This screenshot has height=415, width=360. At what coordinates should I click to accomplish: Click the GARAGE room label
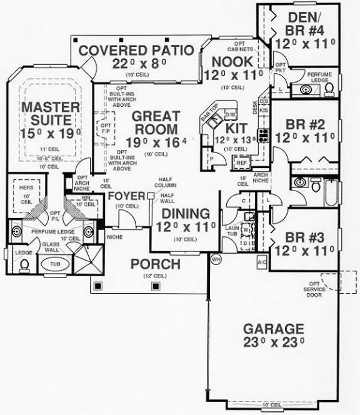(274, 329)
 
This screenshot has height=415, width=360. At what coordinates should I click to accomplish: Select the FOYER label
(127, 197)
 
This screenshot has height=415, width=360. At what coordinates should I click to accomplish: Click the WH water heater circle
(217, 257)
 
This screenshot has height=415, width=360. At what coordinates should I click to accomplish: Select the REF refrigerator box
(241, 162)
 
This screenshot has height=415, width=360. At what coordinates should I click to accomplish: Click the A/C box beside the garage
(261, 262)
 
